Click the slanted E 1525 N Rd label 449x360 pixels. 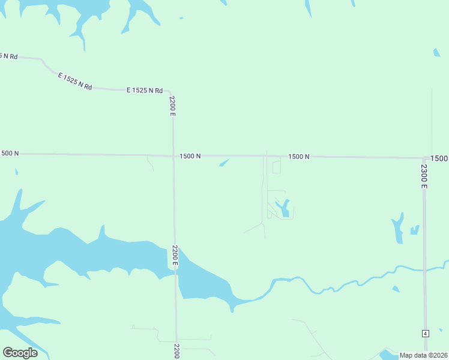[75, 81]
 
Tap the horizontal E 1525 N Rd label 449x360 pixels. [145, 91]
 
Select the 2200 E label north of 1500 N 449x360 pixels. [172, 106]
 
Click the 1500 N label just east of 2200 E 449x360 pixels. [190, 156]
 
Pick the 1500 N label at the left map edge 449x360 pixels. [10, 154]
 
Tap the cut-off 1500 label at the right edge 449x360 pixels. [439, 158]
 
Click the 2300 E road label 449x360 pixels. [424, 176]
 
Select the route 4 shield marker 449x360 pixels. [425, 333]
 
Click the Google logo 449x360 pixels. [20, 353]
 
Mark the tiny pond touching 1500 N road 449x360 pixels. [224, 162]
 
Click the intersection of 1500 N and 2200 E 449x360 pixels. [173, 156]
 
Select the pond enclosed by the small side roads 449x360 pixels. [283, 208]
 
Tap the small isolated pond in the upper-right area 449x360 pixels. [436, 53]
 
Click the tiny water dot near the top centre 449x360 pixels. [181, 18]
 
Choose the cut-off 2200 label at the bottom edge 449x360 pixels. [177, 351]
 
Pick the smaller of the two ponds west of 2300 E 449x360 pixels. [414, 229]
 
